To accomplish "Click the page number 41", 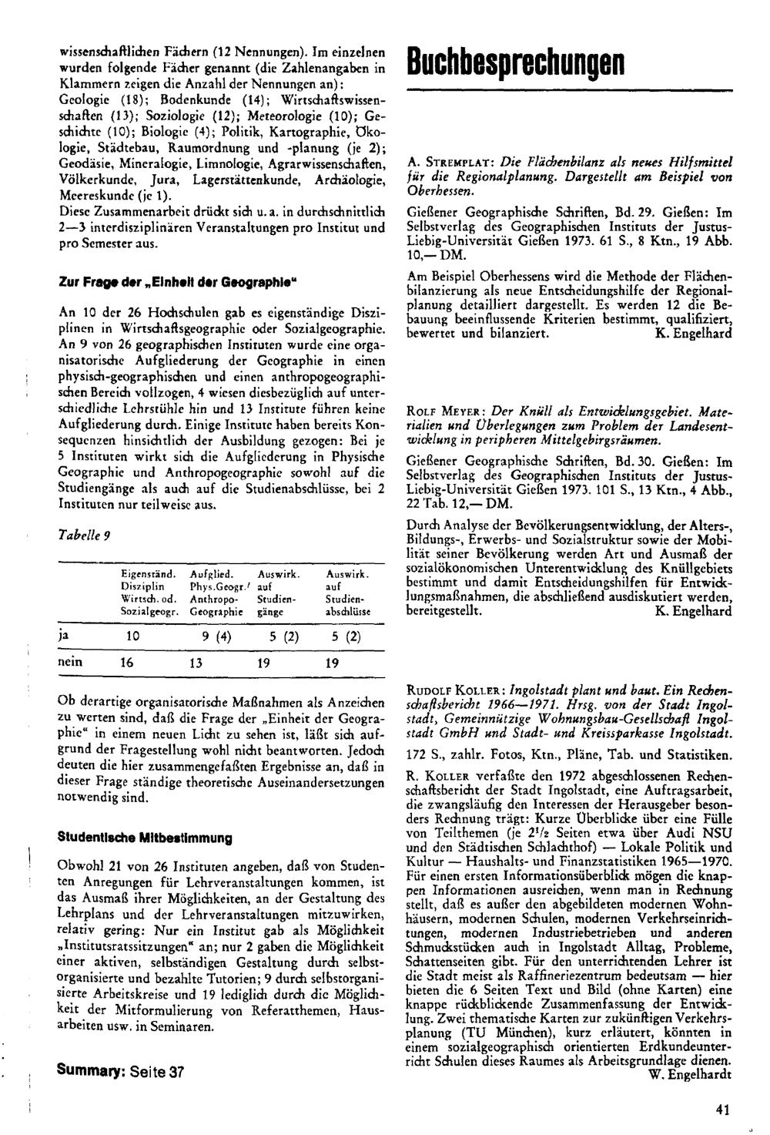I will (721, 1110).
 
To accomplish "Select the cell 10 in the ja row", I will (132, 637).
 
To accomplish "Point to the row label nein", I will (72, 661).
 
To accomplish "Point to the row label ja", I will (64, 636).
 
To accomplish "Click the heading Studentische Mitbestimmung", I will (146, 837).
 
